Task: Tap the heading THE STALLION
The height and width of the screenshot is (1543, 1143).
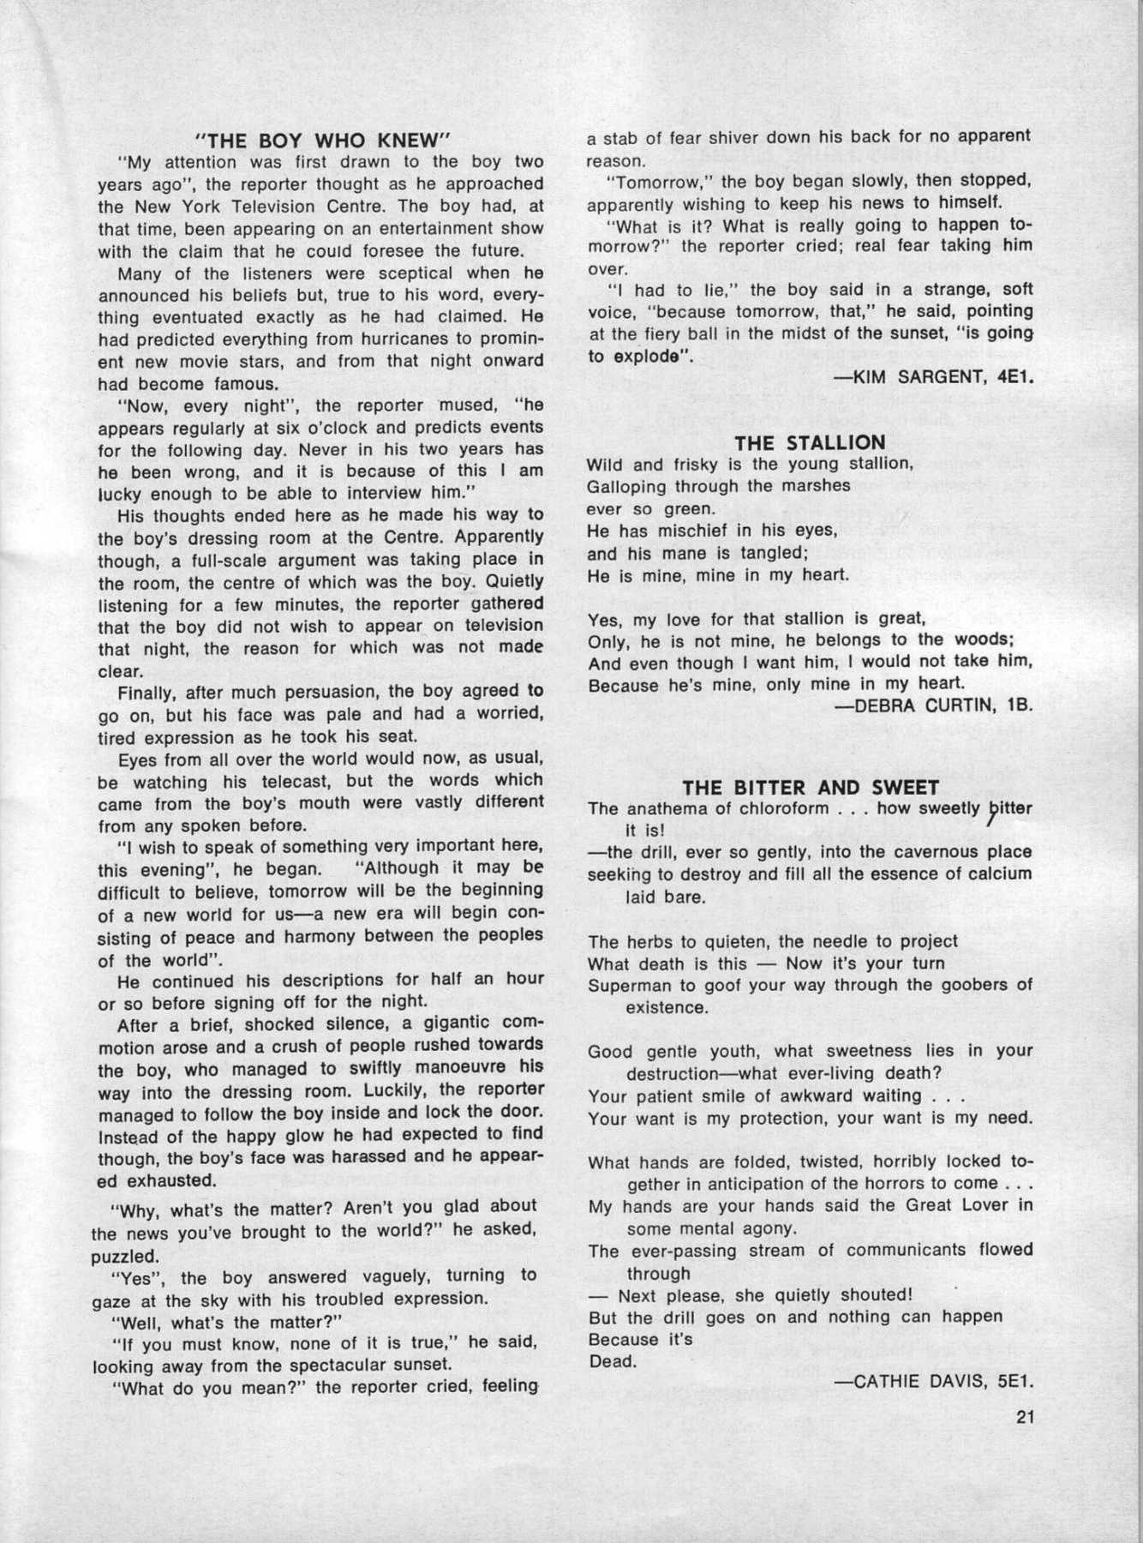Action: point(810,442)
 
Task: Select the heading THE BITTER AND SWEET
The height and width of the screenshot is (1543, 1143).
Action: point(811,787)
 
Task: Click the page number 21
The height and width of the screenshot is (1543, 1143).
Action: point(1025,1417)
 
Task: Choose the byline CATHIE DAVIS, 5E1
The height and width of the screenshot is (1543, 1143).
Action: point(934,1381)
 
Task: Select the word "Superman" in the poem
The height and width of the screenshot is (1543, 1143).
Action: point(624,985)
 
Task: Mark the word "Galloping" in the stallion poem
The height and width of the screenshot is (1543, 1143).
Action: point(627,486)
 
